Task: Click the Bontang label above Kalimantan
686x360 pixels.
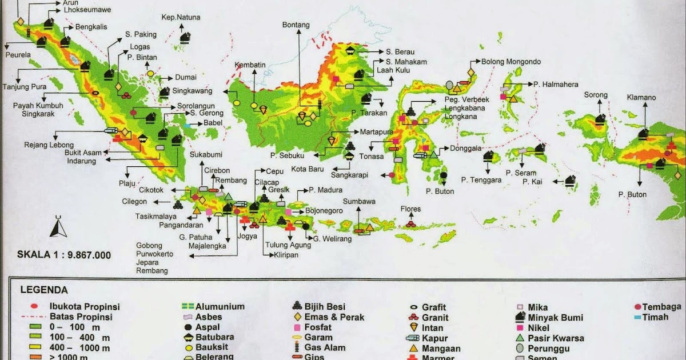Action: tap(296, 25)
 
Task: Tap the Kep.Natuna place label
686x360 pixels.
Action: tap(181, 18)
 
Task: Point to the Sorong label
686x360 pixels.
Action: tap(595, 95)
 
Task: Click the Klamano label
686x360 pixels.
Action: tap(641, 98)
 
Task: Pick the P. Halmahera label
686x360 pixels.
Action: tap(556, 85)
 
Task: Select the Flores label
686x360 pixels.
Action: tap(410, 209)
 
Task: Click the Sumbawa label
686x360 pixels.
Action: tap(358, 202)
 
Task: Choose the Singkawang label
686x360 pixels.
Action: tap(193, 91)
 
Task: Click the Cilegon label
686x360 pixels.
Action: tap(134, 201)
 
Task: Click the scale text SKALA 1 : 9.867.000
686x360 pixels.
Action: tap(63, 255)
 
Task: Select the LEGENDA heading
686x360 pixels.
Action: tap(44, 290)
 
